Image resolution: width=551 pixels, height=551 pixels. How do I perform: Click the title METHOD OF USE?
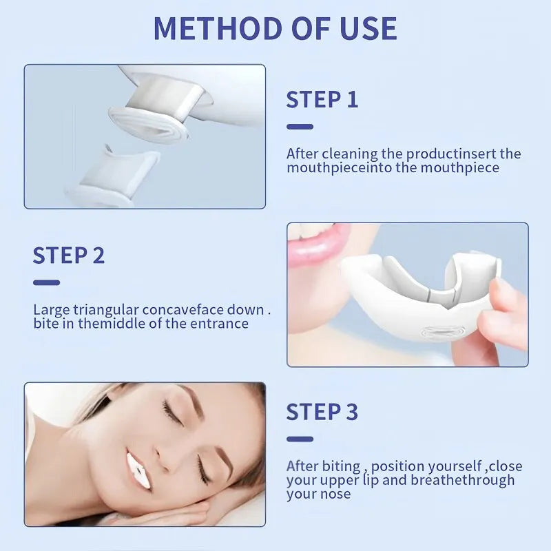click(275, 28)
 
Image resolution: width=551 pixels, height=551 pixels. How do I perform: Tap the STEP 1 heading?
click(322, 100)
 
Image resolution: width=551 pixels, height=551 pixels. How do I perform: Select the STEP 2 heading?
click(69, 256)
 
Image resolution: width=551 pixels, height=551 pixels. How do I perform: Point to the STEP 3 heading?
click(322, 412)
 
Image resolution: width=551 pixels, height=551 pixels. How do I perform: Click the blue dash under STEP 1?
click(300, 127)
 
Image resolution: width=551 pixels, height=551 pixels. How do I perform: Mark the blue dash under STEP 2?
click(46, 282)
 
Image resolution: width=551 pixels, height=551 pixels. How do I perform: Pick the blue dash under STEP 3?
click(300, 439)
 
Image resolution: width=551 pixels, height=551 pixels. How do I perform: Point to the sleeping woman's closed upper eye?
click(171, 413)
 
